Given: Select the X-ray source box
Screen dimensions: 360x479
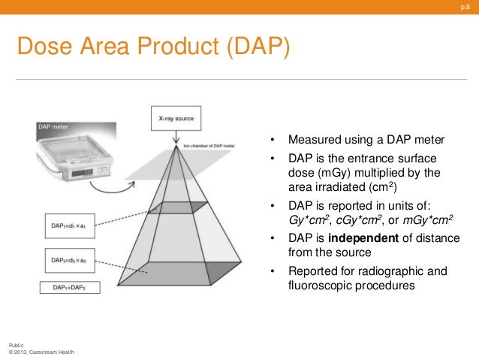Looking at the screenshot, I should (177, 119).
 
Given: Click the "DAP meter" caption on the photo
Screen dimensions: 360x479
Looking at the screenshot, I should (53, 127).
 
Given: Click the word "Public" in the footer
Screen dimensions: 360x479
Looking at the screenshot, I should (15, 344).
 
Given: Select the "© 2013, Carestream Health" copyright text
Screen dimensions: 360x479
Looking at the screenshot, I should (41, 352).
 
